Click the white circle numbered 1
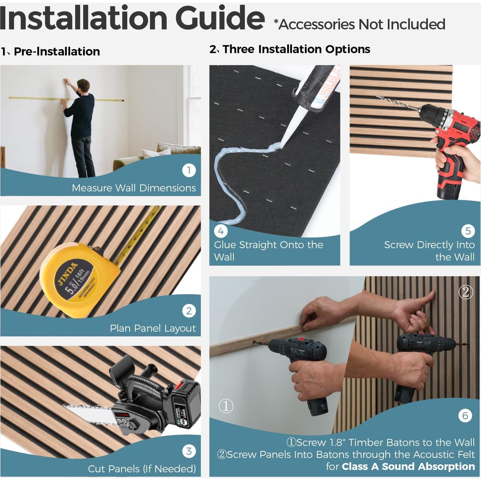[x=189, y=170]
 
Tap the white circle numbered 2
[x=189, y=311]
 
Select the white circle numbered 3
[x=189, y=451]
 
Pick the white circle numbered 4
[x=221, y=231]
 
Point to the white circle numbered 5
[x=468, y=231]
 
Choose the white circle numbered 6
[x=465, y=416]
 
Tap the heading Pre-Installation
[x=57, y=51]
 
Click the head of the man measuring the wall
[x=83, y=86]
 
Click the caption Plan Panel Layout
[x=153, y=328]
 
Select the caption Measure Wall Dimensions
[x=134, y=188]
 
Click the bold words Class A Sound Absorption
[x=409, y=466]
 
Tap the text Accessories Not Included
[x=362, y=24]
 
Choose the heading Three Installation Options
[x=297, y=49]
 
